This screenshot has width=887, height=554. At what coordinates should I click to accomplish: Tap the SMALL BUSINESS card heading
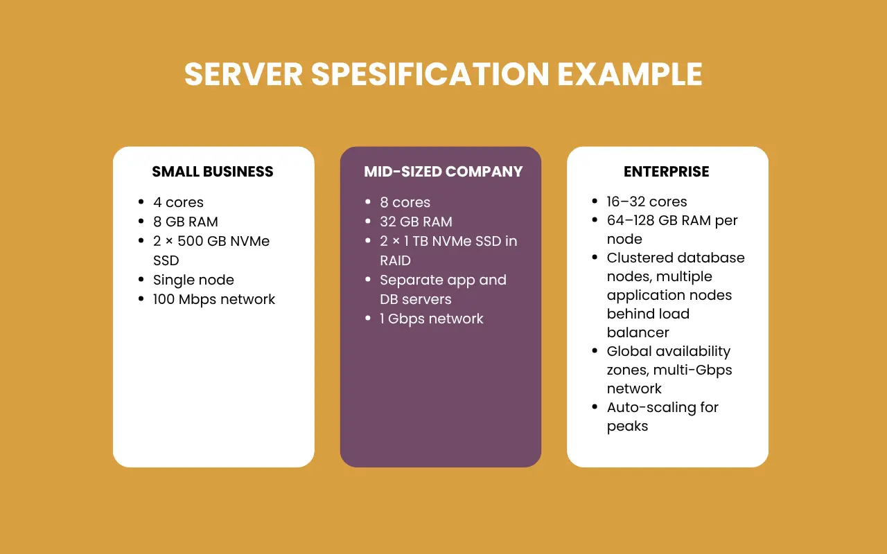(213, 172)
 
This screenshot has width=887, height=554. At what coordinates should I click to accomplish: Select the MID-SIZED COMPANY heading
(443, 172)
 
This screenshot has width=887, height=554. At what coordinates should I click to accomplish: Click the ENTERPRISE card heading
(667, 172)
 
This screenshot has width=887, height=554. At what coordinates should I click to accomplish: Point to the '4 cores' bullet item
(178, 202)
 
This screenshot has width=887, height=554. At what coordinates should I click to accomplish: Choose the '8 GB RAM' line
(185, 222)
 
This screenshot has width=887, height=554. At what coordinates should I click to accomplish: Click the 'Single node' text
(193, 280)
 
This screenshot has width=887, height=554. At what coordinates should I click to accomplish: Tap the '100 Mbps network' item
(214, 299)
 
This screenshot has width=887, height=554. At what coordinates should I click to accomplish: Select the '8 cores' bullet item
(405, 202)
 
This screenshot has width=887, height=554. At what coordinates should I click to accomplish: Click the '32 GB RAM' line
(416, 222)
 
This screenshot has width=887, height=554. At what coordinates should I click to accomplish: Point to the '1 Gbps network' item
(431, 319)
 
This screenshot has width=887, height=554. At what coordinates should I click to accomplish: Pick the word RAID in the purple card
(395, 260)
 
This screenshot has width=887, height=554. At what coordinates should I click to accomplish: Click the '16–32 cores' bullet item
(647, 202)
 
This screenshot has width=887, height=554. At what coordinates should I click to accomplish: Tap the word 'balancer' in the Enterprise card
(638, 332)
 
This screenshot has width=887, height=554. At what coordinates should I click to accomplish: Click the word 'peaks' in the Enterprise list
(627, 426)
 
